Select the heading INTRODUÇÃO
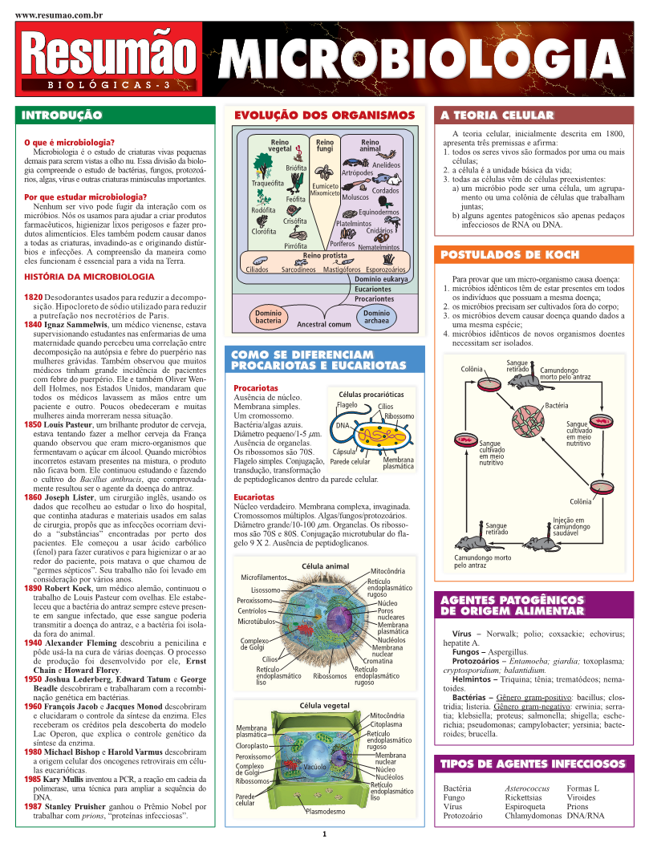click(x=62, y=115)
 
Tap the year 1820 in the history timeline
click(x=33, y=298)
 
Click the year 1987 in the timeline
click(x=33, y=806)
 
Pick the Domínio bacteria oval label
click(x=268, y=316)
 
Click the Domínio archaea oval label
click(x=376, y=316)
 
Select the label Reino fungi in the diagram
click(x=325, y=144)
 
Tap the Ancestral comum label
click(x=323, y=325)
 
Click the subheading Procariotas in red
click(x=255, y=387)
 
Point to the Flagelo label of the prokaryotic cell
click(x=347, y=406)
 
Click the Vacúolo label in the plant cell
click(x=314, y=767)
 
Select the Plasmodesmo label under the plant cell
click(x=325, y=812)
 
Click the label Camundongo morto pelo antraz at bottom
click(x=482, y=561)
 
